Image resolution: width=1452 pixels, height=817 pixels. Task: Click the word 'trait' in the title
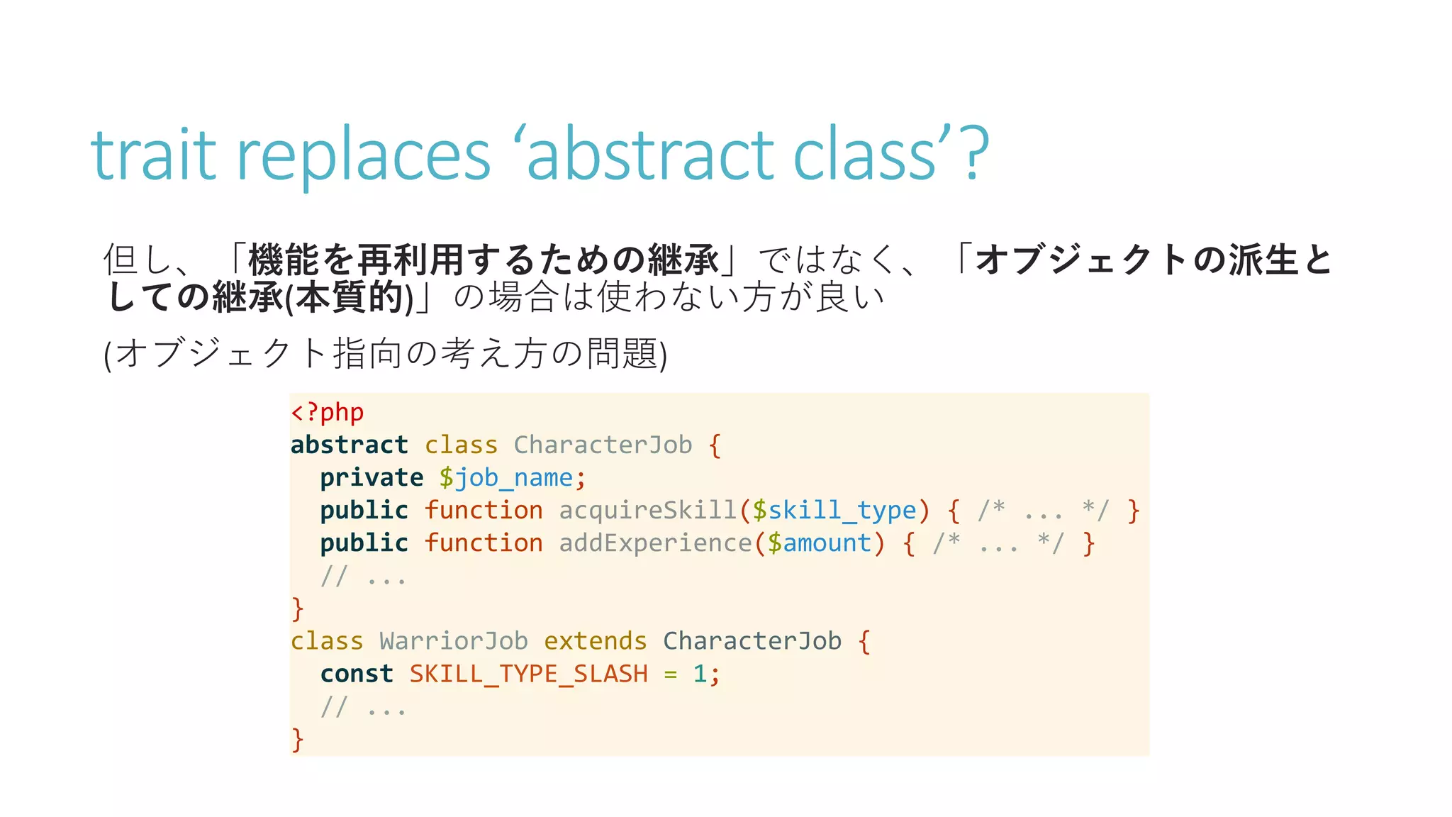(x=153, y=154)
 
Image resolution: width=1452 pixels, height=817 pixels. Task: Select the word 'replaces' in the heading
(x=363, y=154)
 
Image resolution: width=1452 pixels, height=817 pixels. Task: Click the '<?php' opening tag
(x=327, y=412)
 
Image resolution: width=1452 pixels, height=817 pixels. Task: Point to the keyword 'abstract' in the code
(x=349, y=445)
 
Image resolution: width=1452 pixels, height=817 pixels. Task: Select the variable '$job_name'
(x=506, y=477)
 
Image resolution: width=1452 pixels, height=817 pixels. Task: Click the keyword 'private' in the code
(x=371, y=477)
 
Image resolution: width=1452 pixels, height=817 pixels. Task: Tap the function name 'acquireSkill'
(x=647, y=510)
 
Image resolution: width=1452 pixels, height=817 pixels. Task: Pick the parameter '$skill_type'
(x=834, y=510)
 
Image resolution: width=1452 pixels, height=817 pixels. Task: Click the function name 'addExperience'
(x=654, y=543)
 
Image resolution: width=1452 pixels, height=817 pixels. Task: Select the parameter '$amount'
(x=819, y=543)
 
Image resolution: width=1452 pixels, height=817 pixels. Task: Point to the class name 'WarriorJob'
(x=454, y=640)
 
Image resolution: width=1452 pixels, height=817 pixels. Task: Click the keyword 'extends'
(x=595, y=640)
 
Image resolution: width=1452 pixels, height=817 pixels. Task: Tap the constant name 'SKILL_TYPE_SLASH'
(x=528, y=673)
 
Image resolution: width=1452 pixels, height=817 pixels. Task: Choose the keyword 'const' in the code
(x=356, y=673)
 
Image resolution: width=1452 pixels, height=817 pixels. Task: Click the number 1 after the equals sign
(x=700, y=673)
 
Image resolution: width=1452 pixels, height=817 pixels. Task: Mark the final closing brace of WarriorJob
(x=298, y=738)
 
